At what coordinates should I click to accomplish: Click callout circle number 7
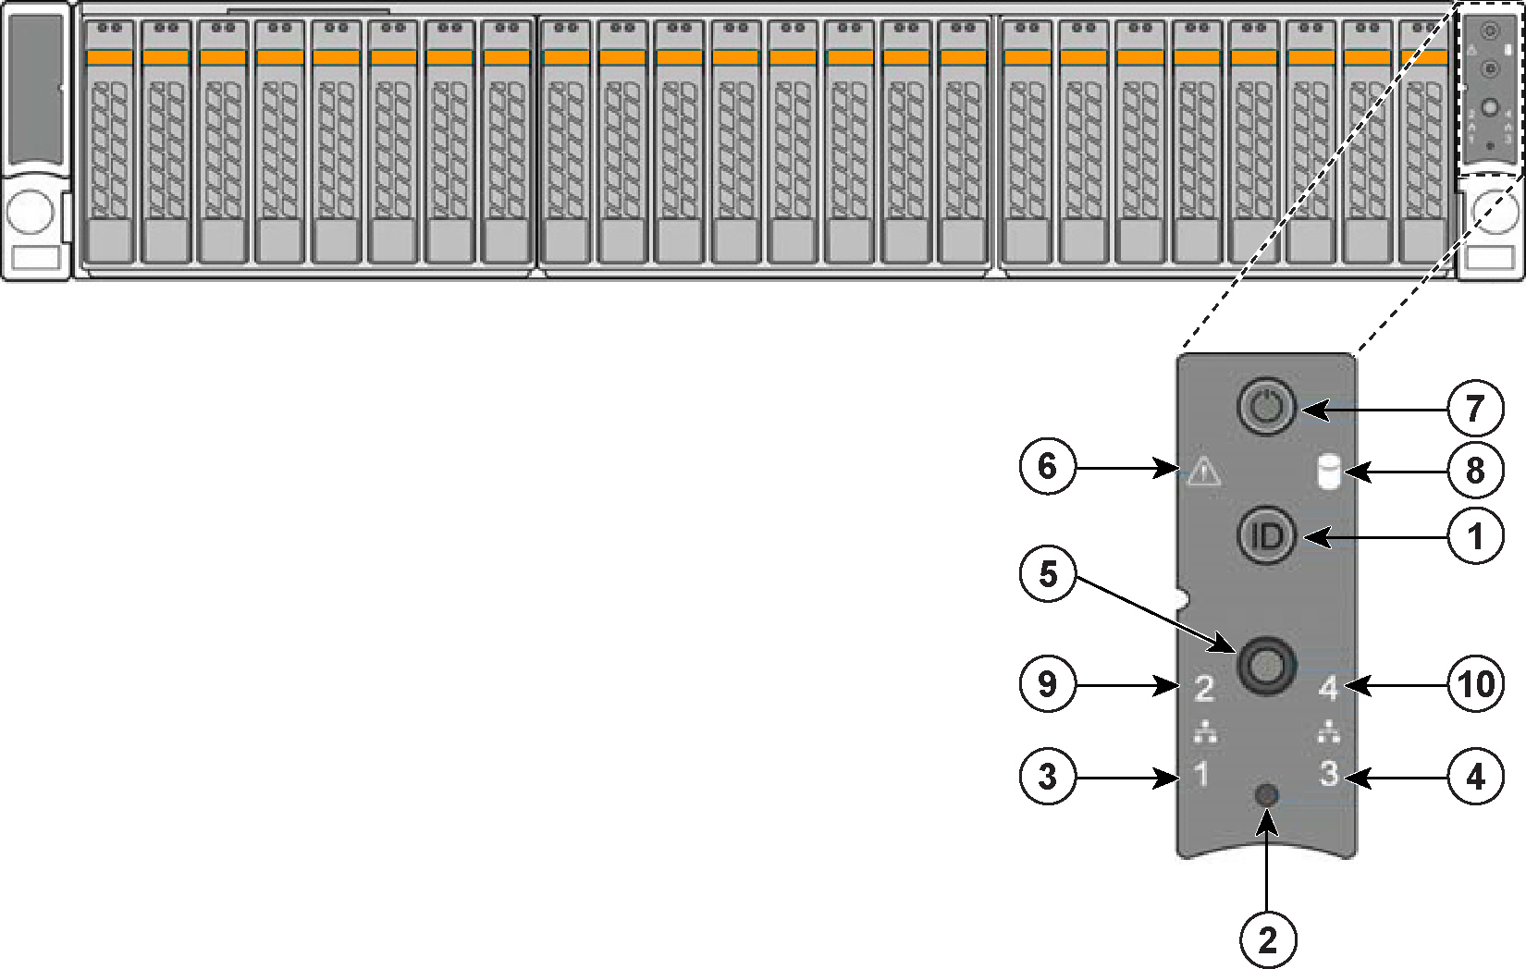pos(1475,409)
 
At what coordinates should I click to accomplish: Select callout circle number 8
pos(1475,471)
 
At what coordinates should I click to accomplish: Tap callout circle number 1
pos(1475,536)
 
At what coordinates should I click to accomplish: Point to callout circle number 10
pos(1476,685)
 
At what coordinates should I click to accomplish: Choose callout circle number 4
pos(1476,776)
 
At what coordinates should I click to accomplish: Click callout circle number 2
pos(1267,940)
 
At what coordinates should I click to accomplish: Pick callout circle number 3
pos(1047,776)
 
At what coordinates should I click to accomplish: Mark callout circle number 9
pos(1047,685)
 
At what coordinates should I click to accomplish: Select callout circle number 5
pos(1047,574)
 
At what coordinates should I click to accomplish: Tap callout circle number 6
pos(1047,466)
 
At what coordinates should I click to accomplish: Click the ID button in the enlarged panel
pos(1266,535)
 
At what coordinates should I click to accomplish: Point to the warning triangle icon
pos(1203,472)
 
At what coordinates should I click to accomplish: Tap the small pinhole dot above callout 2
pos(1267,795)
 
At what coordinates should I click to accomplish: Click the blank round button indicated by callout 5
pos(1265,664)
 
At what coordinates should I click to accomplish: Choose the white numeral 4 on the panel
pos(1328,688)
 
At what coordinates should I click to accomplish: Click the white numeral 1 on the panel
pos(1201,774)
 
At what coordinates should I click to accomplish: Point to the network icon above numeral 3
pos(1328,732)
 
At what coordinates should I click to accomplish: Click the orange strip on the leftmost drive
pos(110,57)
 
